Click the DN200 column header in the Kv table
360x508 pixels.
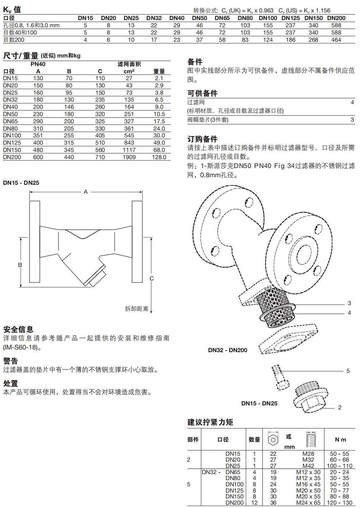[336, 18]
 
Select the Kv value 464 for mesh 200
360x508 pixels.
[336, 40]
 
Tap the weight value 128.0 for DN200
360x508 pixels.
[159, 157]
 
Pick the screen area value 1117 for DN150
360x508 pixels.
[129, 150]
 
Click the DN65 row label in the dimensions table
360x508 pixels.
[10, 121]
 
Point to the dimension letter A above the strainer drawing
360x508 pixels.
[86, 192]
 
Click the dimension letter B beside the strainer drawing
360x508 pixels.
[20, 265]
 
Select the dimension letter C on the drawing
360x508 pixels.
[152, 278]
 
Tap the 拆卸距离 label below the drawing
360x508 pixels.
[136, 309]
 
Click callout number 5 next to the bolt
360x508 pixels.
[348, 371]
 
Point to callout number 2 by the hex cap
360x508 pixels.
[340, 407]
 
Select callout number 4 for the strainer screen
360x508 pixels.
[349, 313]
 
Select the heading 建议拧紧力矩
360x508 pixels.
[210, 422]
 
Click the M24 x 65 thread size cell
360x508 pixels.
[308, 503]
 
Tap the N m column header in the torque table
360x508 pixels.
[340, 440]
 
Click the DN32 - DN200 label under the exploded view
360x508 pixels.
[228, 350]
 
